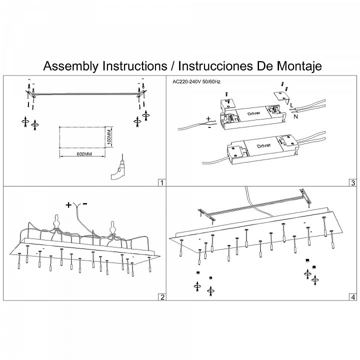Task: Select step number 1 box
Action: tap(161, 182)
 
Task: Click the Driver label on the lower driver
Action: tap(264, 145)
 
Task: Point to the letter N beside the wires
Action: tap(297, 116)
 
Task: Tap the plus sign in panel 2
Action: tap(68, 204)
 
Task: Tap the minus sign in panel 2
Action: tap(85, 204)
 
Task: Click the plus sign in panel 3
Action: tap(207, 119)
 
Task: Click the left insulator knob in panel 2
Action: tap(57, 221)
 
